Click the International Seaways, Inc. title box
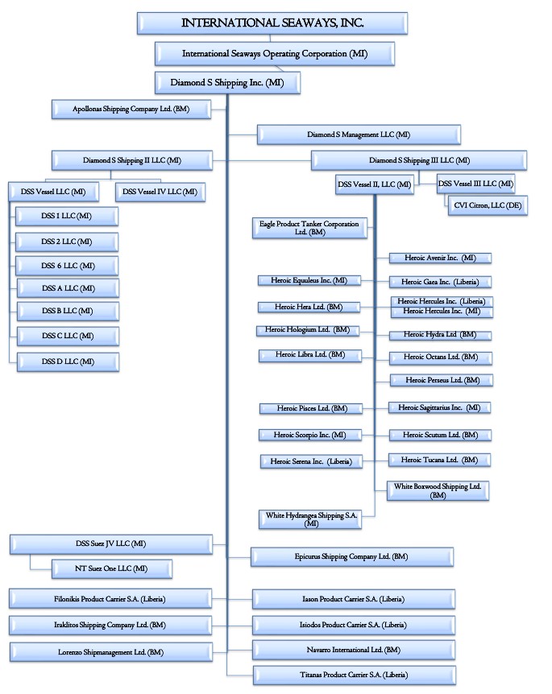coord(272,23)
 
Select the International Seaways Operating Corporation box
coord(275,54)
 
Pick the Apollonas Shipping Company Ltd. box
coord(131,109)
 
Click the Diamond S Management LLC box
coord(359,134)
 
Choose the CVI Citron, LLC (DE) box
coord(477,206)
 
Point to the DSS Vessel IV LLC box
coord(160,192)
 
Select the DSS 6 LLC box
coord(67,265)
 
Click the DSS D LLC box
coord(67,361)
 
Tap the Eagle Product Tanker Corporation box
coord(309,228)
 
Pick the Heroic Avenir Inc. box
coord(440,258)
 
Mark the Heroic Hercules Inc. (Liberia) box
coord(441,301)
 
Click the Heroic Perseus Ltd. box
coord(442,379)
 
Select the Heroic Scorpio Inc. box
coord(309,435)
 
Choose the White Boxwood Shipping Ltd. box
coord(438,490)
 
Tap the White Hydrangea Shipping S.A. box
coord(310,518)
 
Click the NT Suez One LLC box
coord(111,568)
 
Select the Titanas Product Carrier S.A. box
coord(354,674)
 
